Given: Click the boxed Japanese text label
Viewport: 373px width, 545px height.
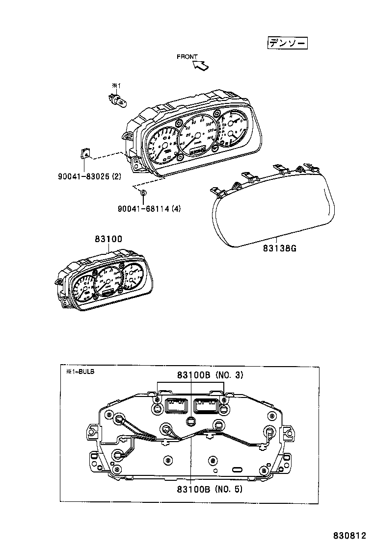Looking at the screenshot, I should pyautogui.click(x=287, y=43).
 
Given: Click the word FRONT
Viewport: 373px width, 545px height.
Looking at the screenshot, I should pyautogui.click(x=187, y=57).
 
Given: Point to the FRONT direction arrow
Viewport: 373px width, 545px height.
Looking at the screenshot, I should pyautogui.click(x=202, y=65).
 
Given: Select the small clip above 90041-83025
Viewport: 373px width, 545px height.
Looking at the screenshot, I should pyautogui.click(x=84, y=154).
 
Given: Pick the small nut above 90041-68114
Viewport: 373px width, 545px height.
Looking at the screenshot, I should pyautogui.click(x=143, y=193).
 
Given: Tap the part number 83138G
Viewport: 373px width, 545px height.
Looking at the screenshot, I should pyautogui.click(x=279, y=248).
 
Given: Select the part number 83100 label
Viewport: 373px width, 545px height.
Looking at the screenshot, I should pyautogui.click(x=108, y=239).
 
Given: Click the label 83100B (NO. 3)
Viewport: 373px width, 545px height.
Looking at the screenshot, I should pyautogui.click(x=210, y=375).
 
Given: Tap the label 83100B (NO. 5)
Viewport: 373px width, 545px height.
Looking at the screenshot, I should pyautogui.click(x=210, y=489).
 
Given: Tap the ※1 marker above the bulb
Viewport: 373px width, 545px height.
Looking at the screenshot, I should pyautogui.click(x=116, y=85).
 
